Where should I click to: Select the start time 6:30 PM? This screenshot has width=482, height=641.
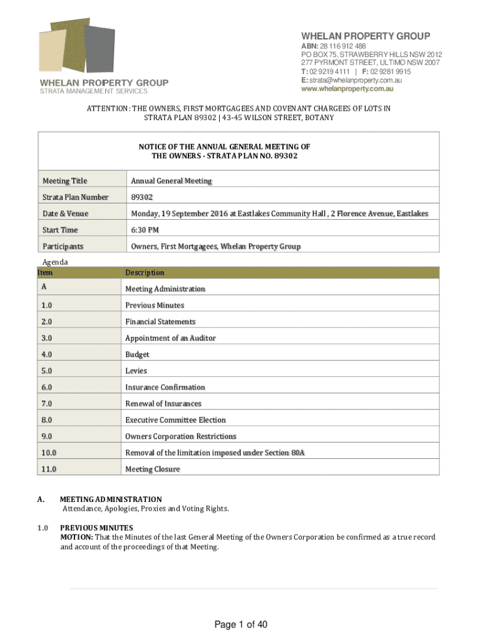144,230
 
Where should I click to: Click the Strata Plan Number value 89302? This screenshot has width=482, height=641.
142,197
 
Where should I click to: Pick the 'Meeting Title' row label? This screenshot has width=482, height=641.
65,181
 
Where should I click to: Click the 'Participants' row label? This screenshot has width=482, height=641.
63,246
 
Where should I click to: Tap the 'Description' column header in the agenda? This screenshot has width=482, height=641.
145,272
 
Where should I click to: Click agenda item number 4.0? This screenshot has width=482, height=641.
47,354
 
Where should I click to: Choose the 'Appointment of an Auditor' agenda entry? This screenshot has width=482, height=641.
170,338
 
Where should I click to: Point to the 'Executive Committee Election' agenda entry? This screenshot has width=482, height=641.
175,420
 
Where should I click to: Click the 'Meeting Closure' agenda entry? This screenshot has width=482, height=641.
153,469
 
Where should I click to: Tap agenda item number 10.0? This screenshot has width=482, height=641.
49,453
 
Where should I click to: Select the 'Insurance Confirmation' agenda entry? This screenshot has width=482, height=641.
165,387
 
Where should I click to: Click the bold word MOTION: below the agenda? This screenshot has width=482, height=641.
76,537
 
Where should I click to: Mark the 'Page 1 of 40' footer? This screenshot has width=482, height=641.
241,625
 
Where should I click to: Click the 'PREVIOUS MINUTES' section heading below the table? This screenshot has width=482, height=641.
96,528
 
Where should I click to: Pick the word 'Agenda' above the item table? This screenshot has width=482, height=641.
55,262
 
